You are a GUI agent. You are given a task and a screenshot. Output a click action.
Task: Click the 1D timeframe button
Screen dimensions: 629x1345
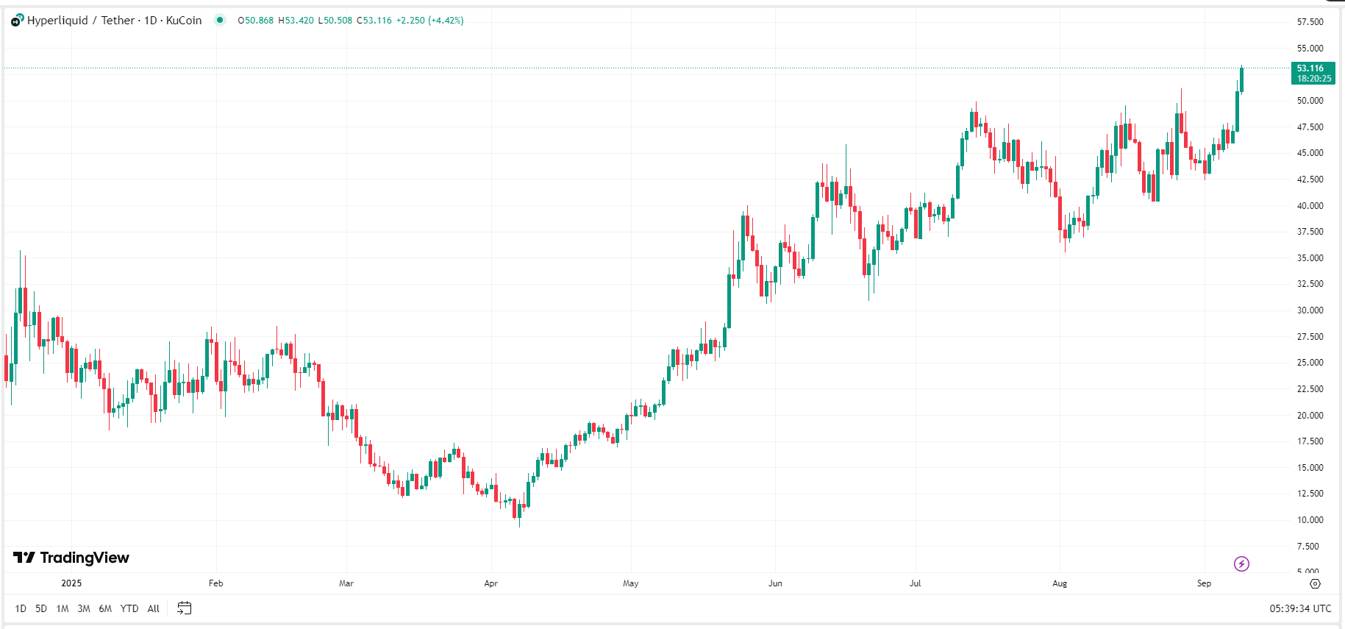tap(21, 608)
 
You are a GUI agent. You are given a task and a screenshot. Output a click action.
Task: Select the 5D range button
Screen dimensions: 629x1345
tap(41, 608)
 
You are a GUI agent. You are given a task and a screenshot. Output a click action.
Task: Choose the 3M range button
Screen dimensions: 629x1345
tap(84, 608)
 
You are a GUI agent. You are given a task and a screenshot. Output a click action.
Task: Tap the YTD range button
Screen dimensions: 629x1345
tap(129, 608)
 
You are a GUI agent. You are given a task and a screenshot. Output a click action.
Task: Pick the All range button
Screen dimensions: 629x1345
tap(154, 608)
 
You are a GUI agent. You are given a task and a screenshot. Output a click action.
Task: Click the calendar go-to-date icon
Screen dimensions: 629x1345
tap(185, 608)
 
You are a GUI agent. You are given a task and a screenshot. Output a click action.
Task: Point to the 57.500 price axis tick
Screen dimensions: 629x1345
tap(1310, 22)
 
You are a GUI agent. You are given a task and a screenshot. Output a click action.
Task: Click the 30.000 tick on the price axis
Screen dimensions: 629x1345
tap(1310, 310)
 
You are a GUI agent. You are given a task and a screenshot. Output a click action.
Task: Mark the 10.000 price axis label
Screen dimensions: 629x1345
tap(1310, 520)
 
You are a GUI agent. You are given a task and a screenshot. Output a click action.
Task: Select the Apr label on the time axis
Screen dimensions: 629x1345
tap(491, 583)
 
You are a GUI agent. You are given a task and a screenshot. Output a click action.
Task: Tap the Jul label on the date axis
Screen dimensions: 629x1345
tap(915, 583)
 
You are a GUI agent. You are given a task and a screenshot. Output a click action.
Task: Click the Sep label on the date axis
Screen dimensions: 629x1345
tap(1204, 583)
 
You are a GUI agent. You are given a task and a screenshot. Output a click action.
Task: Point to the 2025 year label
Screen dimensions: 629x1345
tap(71, 583)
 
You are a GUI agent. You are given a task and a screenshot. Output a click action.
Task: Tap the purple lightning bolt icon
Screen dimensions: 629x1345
tap(1241, 564)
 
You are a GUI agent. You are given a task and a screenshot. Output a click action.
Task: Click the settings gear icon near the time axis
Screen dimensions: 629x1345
tap(1315, 583)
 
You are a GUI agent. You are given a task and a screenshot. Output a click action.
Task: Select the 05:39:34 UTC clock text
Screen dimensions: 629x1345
tap(1300, 608)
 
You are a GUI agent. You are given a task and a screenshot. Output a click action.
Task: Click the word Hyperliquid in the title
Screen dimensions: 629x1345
tap(57, 21)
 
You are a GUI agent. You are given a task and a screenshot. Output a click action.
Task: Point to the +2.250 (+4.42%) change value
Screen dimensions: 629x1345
tap(429, 21)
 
